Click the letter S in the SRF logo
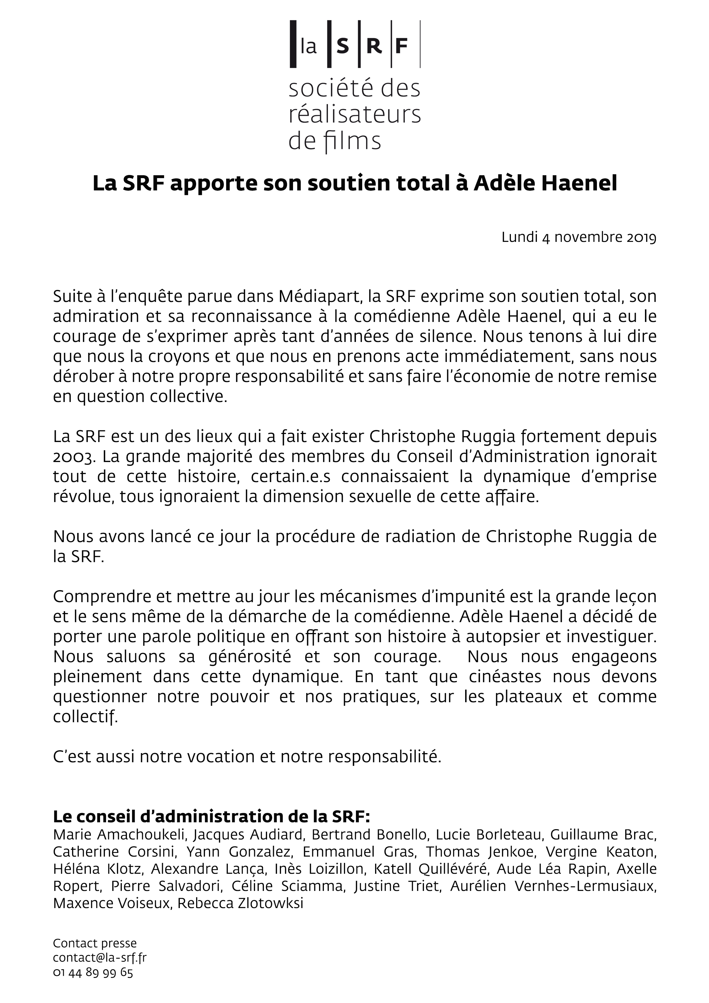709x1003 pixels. [343, 45]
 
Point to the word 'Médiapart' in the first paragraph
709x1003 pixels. [320, 296]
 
